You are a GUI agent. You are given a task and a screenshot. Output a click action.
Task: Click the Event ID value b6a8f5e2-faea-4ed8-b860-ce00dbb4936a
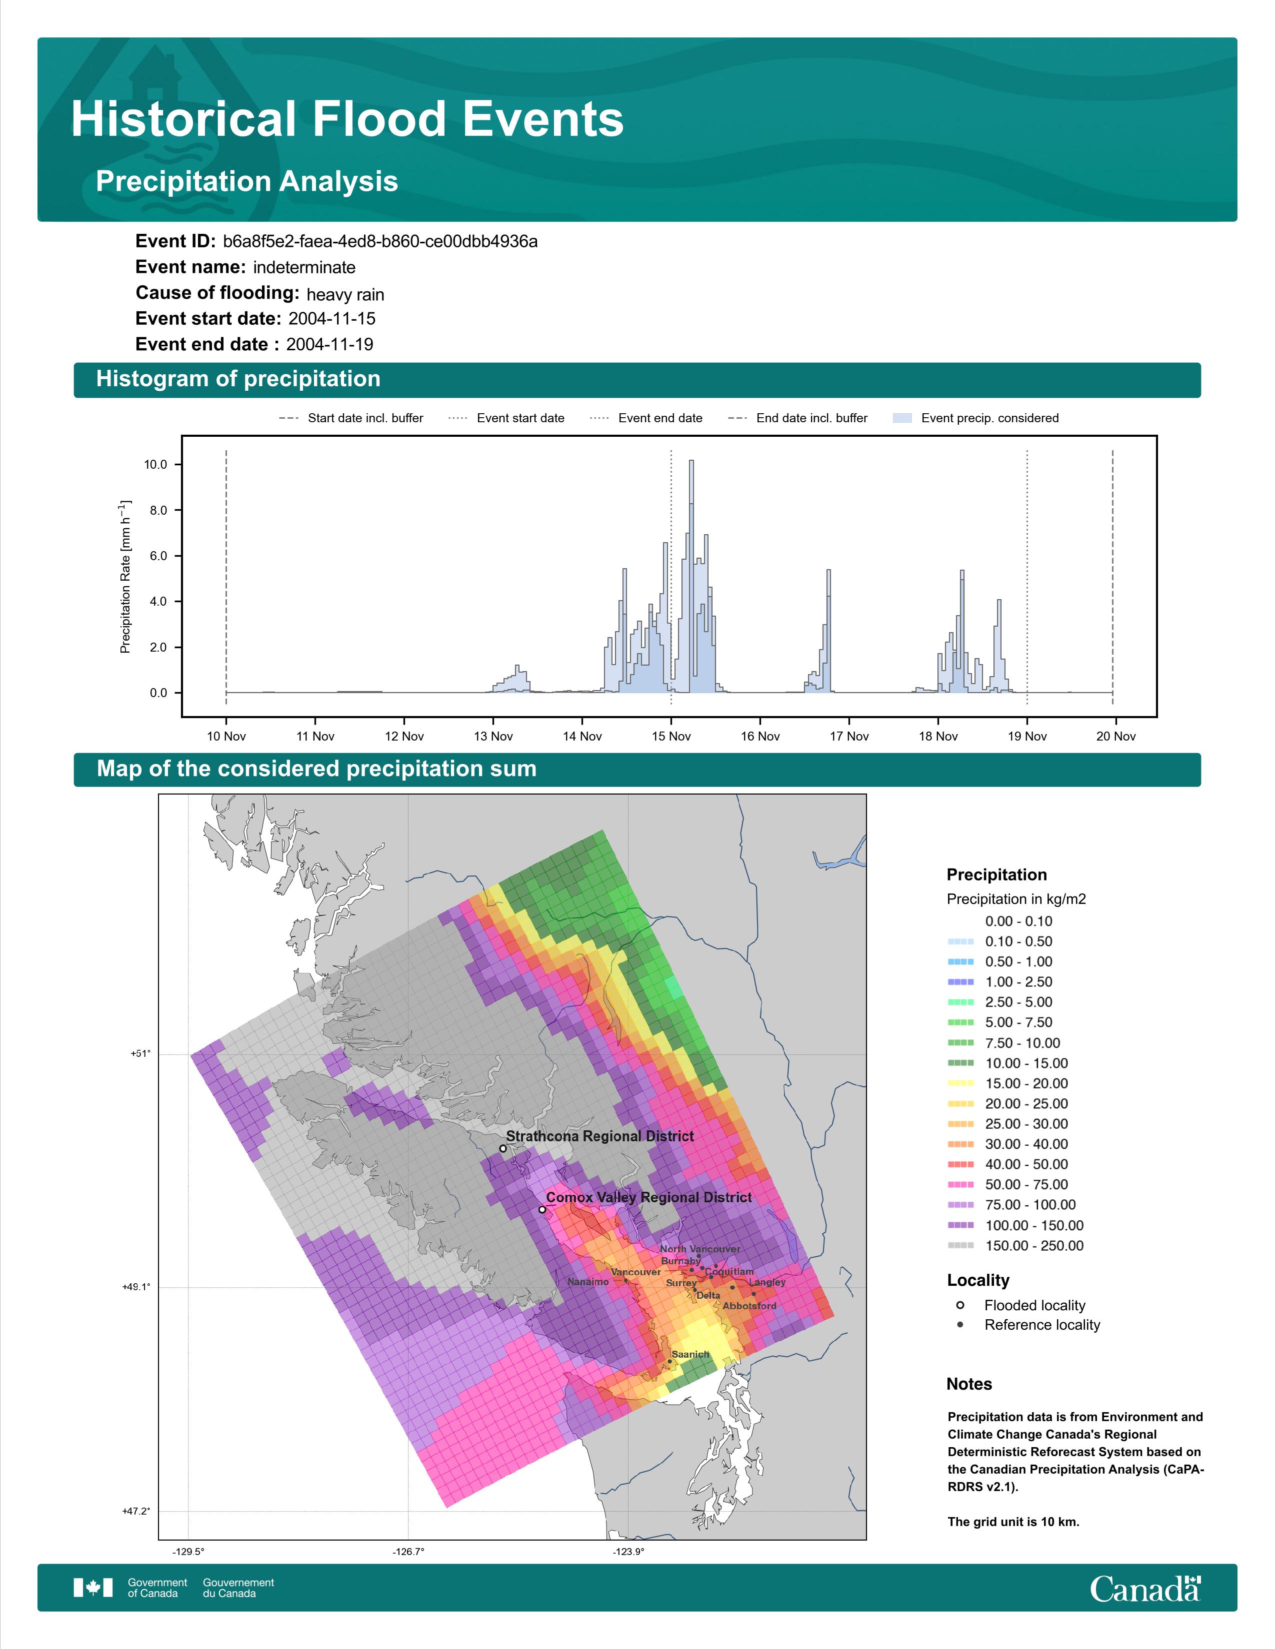pos(380,242)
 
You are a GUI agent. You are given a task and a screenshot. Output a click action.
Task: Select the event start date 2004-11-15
pos(331,319)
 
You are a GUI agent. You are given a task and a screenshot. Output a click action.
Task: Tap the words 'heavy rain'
pos(345,294)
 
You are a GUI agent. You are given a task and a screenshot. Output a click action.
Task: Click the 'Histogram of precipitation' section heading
pos(238,379)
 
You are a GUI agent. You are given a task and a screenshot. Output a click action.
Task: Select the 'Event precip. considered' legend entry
pos(975,418)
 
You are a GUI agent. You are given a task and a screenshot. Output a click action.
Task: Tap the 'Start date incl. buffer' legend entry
pos(351,418)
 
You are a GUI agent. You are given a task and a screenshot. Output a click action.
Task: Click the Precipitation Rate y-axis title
pos(125,576)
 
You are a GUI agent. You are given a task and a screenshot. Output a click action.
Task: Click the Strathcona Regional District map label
pos(599,1136)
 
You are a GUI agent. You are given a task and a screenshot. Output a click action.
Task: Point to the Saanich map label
pos(690,1355)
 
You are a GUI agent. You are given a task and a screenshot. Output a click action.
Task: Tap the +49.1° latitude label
pos(136,1287)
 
